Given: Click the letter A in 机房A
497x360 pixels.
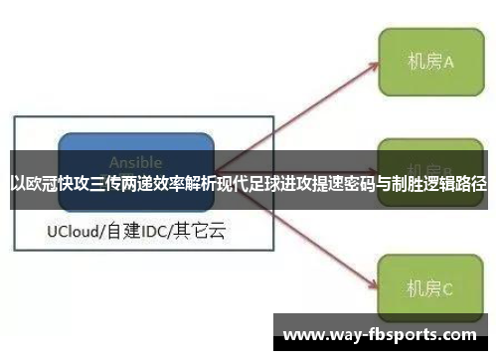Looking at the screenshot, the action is click(448, 62).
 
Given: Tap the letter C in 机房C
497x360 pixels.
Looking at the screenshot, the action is click(447, 289).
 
